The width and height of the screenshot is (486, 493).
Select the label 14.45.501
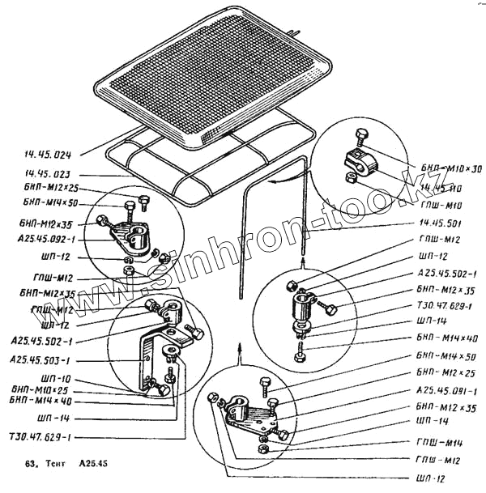441,223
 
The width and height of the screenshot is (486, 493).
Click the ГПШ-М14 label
443,444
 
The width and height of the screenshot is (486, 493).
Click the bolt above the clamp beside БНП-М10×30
360,135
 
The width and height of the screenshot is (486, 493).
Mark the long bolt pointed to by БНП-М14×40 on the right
301,351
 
